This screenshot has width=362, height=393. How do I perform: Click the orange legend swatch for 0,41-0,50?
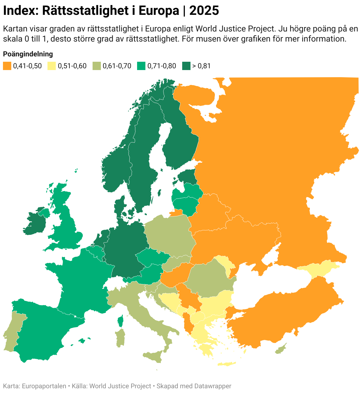(7, 66)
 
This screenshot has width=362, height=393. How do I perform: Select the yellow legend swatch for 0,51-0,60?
(52, 66)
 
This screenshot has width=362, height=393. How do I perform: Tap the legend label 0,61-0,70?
(117, 66)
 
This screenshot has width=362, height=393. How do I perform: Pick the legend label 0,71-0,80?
(162, 66)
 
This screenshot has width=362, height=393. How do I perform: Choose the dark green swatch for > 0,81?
(186, 66)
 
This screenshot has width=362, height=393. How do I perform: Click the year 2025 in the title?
(204, 11)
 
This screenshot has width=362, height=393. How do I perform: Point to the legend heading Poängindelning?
(28, 54)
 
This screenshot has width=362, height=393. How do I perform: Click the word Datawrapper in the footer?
(213, 386)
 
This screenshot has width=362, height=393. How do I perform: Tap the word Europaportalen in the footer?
(44, 386)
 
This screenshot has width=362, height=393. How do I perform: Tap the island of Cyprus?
(281, 349)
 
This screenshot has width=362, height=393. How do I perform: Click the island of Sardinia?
(120, 337)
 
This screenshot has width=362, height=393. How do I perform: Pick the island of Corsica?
(120, 321)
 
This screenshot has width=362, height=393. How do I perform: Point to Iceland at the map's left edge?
(76, 170)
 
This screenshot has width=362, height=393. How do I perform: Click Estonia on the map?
(187, 177)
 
